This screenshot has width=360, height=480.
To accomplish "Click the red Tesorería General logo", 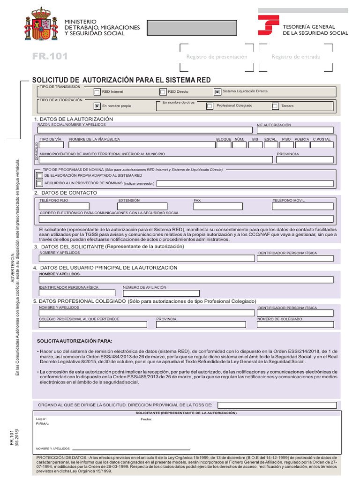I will [x=268, y=25].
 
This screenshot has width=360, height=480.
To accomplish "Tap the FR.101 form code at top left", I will [x=50, y=57].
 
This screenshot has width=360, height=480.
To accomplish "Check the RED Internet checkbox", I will [x=97, y=92].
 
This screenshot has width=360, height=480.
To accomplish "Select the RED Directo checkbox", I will [x=163, y=92].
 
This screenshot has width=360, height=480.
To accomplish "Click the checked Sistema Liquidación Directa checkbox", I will [x=217, y=92].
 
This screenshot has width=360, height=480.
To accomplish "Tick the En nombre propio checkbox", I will [x=97, y=106].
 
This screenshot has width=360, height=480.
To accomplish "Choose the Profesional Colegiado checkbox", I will [x=210, y=106].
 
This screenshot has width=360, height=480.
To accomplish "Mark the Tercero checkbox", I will [x=275, y=106].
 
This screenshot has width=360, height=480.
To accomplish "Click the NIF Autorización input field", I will [x=295, y=130].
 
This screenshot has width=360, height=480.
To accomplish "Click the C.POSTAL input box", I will [x=322, y=145].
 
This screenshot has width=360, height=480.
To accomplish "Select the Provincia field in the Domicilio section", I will [x=305, y=160].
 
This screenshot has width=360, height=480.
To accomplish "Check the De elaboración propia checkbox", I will [x=40, y=175].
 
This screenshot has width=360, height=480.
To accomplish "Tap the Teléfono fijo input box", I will [x=64, y=206].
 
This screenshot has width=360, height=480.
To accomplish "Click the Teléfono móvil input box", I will [x=303, y=206].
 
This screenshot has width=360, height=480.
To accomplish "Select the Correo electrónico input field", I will [x=186, y=219].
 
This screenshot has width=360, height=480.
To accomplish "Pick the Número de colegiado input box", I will [x=295, y=324].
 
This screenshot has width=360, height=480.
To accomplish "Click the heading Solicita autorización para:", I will [x=75, y=341].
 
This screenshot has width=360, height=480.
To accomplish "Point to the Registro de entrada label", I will [x=296, y=57].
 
